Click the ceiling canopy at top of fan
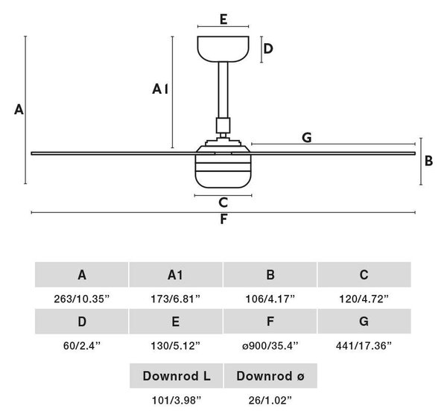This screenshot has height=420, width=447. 223,48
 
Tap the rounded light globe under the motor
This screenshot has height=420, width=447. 223,171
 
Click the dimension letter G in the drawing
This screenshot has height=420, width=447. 307,138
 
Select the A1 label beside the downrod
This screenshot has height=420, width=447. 160,89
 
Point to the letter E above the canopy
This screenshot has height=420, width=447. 223,19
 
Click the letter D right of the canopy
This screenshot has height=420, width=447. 268,48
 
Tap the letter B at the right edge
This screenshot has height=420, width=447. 428,161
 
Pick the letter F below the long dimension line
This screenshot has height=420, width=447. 223,220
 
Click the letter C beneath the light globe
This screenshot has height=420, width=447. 223,203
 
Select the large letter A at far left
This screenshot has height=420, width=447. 19,109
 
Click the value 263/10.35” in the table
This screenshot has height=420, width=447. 82,299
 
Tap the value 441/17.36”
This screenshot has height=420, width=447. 364,346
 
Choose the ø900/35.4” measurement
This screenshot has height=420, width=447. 270,346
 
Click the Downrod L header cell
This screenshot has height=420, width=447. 176,376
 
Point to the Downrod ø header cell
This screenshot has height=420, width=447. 270,376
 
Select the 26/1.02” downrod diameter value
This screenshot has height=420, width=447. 270,401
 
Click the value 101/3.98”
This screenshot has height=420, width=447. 177,401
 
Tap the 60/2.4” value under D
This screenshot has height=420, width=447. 82,346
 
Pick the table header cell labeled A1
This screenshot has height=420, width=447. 176,275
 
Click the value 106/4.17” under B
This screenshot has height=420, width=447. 270,299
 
